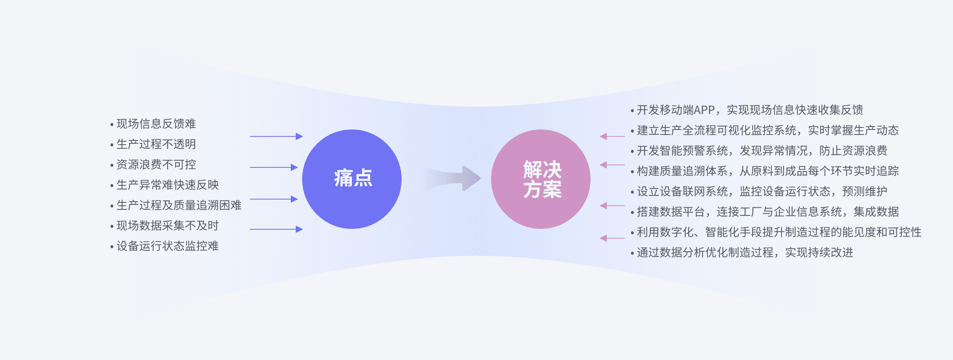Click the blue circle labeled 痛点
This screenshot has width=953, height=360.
click(x=352, y=179)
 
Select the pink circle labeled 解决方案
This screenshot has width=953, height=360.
click(x=541, y=179)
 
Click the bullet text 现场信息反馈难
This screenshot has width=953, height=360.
click(x=156, y=124)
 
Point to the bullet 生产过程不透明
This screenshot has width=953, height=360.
click(x=156, y=144)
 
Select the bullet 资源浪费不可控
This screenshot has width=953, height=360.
click(x=156, y=165)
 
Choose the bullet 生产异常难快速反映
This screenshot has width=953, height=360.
click(x=168, y=185)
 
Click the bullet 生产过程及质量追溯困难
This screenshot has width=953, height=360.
click(x=179, y=205)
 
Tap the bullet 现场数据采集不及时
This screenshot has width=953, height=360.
click(x=168, y=226)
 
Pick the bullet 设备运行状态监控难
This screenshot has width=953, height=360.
click(x=168, y=246)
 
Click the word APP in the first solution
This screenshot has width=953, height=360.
click(x=705, y=110)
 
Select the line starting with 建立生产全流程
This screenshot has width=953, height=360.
click(x=768, y=130)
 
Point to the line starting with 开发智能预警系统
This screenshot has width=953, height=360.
click(x=762, y=151)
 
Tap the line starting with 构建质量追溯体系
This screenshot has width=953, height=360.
click(x=768, y=171)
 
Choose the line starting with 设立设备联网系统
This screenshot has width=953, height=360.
click(x=762, y=191)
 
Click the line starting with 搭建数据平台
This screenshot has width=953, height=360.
click(x=768, y=212)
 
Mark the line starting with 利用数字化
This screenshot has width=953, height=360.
click(x=779, y=232)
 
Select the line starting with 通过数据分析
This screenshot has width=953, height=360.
click(x=745, y=252)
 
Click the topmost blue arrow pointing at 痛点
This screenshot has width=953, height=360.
click(x=277, y=136)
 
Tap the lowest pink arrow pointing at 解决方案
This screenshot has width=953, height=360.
click(x=612, y=238)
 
